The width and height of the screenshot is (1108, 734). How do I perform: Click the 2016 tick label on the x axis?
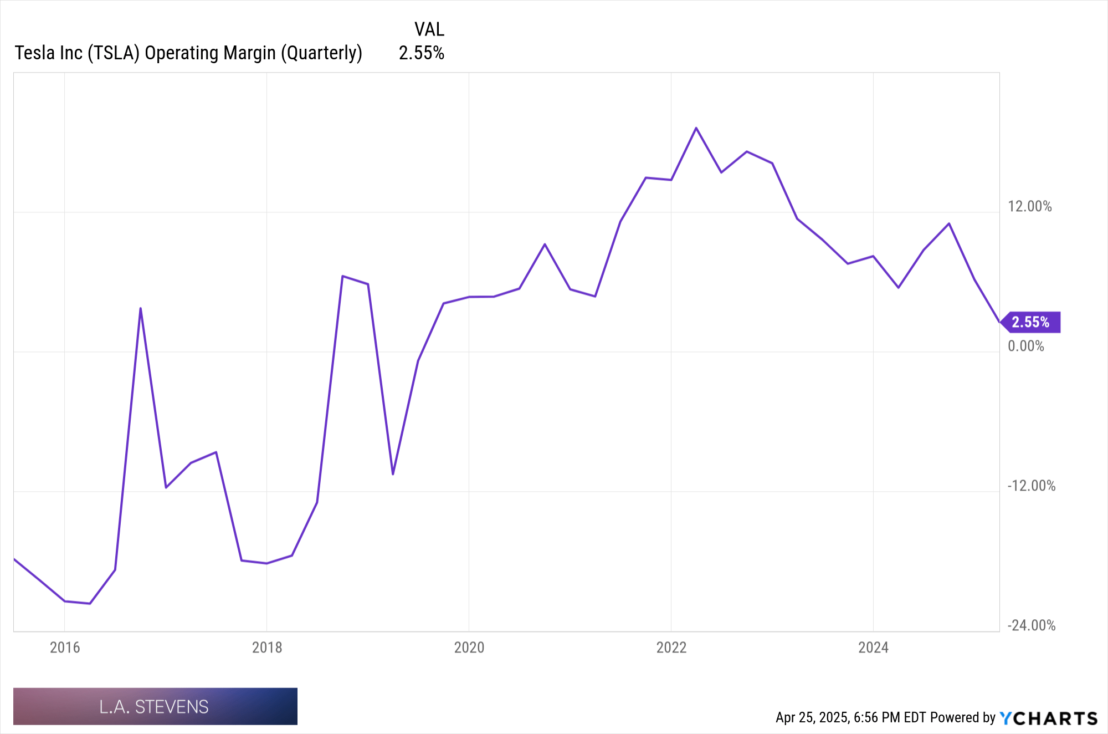point(65,648)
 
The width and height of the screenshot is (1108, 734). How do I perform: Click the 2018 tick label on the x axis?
point(267,648)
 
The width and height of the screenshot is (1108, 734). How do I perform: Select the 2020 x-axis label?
point(469,648)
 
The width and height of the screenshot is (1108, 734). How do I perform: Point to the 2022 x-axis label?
point(671,648)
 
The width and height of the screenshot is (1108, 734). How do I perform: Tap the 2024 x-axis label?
point(873,648)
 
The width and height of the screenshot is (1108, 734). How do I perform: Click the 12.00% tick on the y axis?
point(1029,207)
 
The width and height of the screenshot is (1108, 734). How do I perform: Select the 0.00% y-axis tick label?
point(1025,346)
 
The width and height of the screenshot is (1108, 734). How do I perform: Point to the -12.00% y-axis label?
point(1031,486)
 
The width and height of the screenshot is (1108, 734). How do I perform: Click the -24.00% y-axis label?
point(1031,626)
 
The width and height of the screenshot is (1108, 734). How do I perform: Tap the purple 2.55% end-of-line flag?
point(1031,322)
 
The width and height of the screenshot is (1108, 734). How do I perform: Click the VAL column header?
point(429,29)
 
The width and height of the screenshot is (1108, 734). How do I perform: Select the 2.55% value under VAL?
point(422,53)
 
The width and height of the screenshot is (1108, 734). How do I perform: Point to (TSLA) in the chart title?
point(114,53)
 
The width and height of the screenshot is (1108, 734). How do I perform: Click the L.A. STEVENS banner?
point(155,706)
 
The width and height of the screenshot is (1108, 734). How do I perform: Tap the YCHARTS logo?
point(1048,718)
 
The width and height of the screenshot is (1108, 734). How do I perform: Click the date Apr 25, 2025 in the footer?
point(812,718)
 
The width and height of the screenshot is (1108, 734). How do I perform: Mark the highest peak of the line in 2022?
point(696,128)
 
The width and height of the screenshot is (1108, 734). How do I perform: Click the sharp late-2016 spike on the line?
point(141,308)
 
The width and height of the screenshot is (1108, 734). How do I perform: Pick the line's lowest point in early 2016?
point(90,604)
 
